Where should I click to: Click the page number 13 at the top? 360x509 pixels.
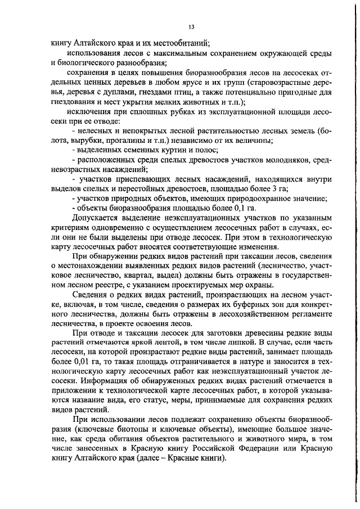tap(192, 26)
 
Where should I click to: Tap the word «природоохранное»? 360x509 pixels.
tap(253, 198)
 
